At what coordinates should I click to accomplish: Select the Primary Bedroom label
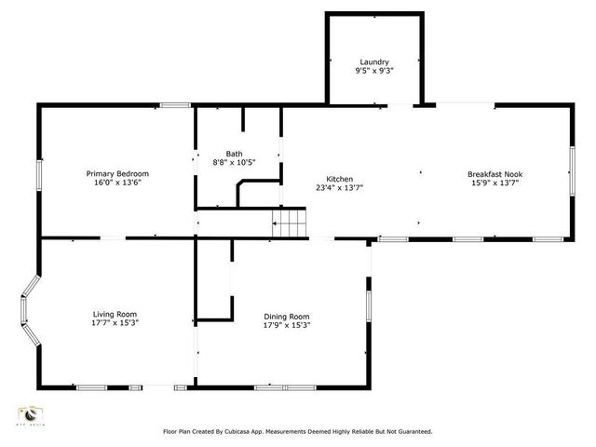(x=117, y=173)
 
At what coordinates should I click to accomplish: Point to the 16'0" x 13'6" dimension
(x=117, y=183)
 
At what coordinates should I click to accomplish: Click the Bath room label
(x=234, y=154)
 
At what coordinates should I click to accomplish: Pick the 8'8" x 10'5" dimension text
(x=234, y=162)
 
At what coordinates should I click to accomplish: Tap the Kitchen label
(x=339, y=179)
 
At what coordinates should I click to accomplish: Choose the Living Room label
(x=115, y=314)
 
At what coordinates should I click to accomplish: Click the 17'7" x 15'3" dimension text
(x=115, y=323)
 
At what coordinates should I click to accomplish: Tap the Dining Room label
(x=286, y=317)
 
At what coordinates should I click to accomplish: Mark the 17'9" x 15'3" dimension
(x=286, y=325)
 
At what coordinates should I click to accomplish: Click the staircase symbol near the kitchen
(x=289, y=223)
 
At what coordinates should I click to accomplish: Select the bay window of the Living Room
(x=28, y=311)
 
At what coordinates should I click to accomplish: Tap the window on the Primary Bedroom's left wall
(x=39, y=174)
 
